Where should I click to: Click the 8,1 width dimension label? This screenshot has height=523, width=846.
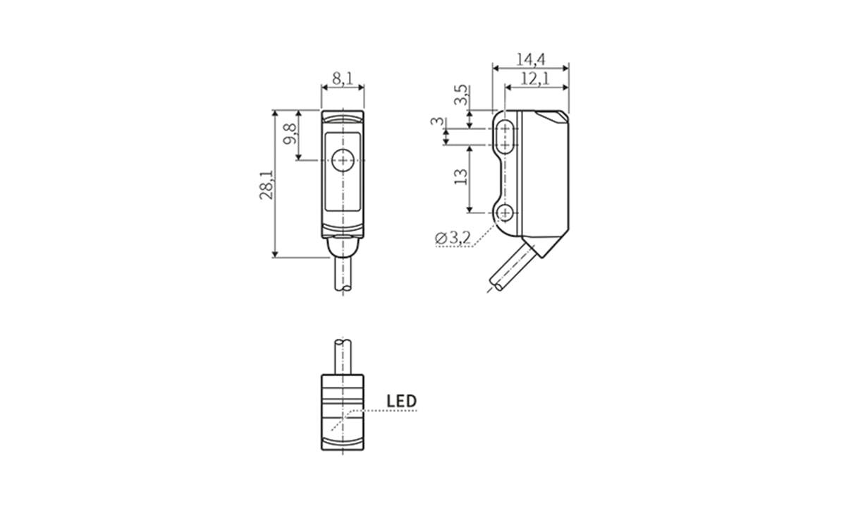[343, 78]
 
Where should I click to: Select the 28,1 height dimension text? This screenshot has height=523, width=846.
[266, 185]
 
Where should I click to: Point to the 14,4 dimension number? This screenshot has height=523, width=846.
[531, 59]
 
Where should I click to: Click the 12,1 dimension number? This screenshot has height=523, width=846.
[536, 79]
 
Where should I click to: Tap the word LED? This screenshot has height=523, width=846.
[402, 402]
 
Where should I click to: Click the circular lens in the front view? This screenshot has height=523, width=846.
[343, 160]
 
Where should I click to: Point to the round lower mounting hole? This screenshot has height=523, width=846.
[505, 212]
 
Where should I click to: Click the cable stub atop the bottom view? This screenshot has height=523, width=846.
[343, 356]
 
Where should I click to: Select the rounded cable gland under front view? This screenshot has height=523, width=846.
[343, 247]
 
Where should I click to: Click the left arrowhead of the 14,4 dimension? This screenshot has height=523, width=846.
[495, 68]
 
